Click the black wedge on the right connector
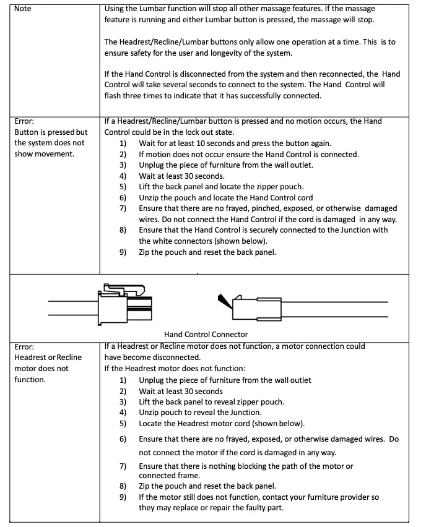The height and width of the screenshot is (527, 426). point(223,301)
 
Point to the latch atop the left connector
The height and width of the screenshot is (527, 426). point(124,288)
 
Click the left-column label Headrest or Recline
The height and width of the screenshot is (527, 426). point(48,358)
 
